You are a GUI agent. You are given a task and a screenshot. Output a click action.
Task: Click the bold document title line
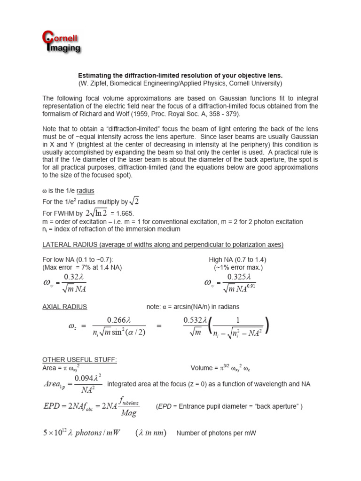[x=180, y=75]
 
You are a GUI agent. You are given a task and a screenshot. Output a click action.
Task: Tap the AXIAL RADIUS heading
[x=65, y=307]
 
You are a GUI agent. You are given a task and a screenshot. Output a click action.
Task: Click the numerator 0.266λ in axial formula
[x=118, y=320]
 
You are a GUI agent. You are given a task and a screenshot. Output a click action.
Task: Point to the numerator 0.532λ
[x=195, y=320]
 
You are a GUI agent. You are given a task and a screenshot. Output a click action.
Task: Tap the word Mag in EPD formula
[x=128, y=413]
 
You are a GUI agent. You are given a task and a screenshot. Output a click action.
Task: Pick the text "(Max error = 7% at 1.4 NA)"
[x=82, y=267]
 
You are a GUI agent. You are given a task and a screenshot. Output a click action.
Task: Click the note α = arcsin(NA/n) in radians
[x=193, y=307]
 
